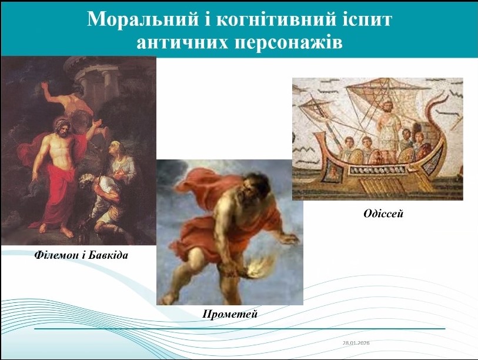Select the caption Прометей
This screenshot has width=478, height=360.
(x=230, y=314)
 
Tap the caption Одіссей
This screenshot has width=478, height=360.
(x=383, y=214)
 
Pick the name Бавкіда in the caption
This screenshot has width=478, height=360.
(x=108, y=255)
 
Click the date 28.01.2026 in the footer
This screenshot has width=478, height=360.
(x=356, y=342)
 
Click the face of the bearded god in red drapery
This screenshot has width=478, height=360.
(x=62, y=129)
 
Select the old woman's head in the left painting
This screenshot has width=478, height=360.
(x=118, y=150)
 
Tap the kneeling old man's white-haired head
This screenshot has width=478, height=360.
(x=88, y=181)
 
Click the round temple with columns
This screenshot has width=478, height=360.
(x=92, y=78)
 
